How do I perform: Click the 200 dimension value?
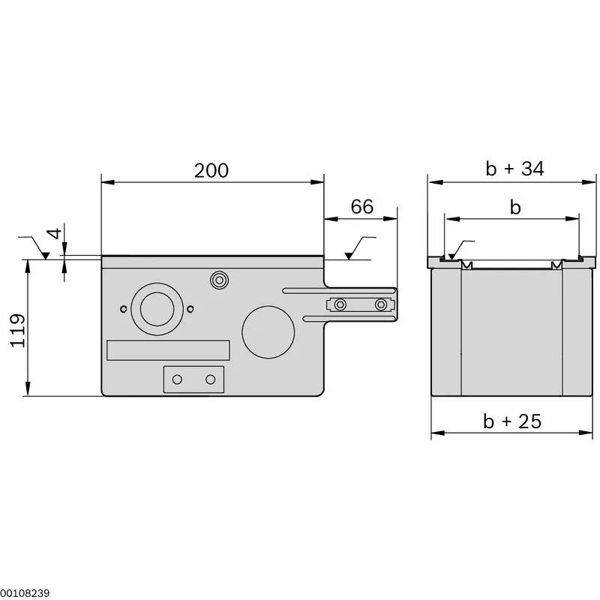(x=211, y=171)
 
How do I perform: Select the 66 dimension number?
(x=362, y=207)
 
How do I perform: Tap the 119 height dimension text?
(x=18, y=331)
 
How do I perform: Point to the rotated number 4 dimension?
(x=55, y=233)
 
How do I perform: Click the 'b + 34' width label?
(x=514, y=168)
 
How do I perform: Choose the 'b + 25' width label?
(x=512, y=421)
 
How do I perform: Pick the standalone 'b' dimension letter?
(x=515, y=208)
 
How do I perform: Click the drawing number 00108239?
(x=25, y=593)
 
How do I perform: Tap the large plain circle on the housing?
(x=268, y=332)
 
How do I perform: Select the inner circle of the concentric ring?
(x=157, y=309)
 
